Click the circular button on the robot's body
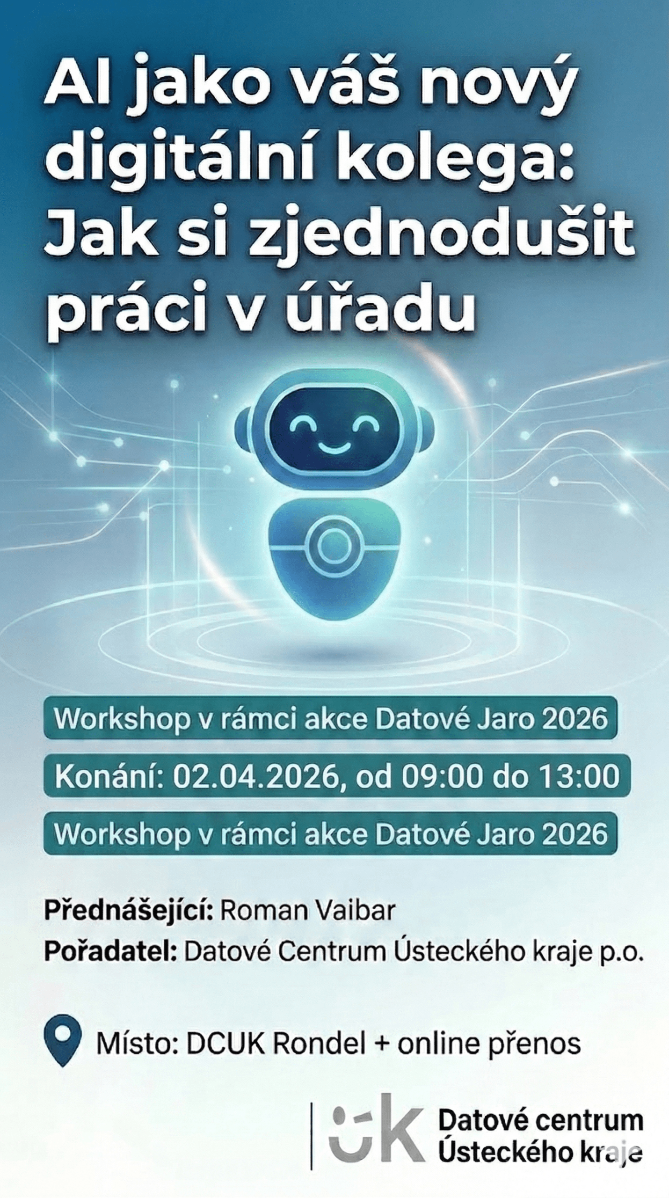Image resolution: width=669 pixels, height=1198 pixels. point(334,546)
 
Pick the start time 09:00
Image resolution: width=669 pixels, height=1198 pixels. point(442,776)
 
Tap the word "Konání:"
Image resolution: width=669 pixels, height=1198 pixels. point(109,776)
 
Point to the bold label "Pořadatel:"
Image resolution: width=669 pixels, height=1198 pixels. point(110,951)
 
